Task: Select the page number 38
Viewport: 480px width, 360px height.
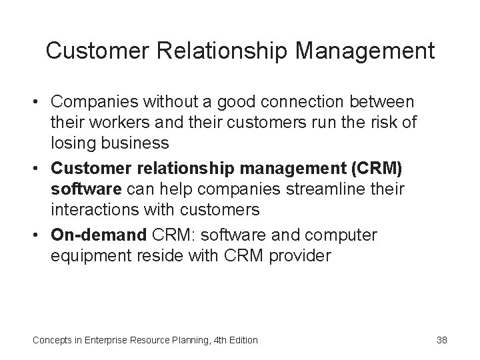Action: (441, 340)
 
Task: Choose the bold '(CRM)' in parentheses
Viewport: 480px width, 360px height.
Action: (378, 169)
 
